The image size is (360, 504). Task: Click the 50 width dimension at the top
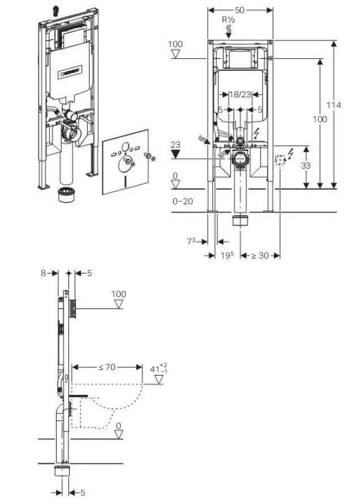tap(239, 10)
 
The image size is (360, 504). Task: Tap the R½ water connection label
tap(229, 20)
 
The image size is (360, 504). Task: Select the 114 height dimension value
tap(333, 105)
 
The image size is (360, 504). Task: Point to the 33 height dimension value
tap(306, 166)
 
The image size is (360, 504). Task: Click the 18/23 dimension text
tap(240, 94)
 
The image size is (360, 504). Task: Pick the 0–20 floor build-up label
tap(183, 201)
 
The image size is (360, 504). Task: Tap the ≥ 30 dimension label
tap(260, 256)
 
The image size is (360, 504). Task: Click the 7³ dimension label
tap(191, 241)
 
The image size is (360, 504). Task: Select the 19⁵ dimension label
tap(227, 255)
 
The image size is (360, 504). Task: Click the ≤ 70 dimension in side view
tap(107, 367)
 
